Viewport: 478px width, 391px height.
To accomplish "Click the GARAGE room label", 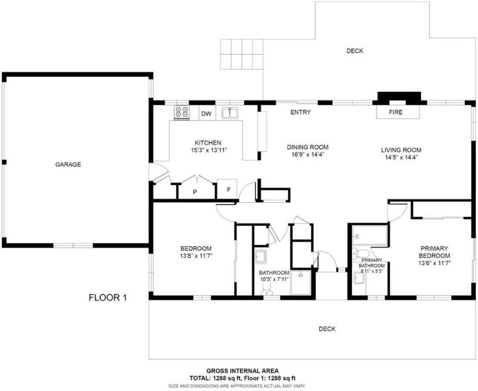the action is click(68, 165).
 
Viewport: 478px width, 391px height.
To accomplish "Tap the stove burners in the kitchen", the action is click(182, 112).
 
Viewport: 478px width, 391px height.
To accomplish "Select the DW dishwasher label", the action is click(206, 114).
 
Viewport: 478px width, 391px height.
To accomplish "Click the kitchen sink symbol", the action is click(230, 113).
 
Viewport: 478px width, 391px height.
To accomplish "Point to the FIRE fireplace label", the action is click(395, 112).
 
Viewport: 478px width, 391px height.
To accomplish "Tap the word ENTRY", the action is click(300, 112).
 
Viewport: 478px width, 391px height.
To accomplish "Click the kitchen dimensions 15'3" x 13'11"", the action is click(210, 150).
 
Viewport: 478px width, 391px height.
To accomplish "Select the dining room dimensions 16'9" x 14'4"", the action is click(308, 154).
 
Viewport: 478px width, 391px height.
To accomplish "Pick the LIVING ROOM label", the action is click(401, 150).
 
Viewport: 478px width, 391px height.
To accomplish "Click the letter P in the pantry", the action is click(195, 192).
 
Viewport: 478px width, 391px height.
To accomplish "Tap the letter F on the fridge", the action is click(228, 190).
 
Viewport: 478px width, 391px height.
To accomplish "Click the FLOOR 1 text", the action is click(107, 297).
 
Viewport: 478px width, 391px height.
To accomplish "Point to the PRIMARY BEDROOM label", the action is click(434, 252).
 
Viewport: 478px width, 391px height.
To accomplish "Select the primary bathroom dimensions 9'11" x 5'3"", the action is click(371, 271).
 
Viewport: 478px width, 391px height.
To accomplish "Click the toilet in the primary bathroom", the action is click(361, 254).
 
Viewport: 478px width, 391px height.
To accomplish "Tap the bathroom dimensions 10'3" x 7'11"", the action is click(274, 279).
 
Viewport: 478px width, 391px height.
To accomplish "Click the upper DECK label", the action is click(355, 51).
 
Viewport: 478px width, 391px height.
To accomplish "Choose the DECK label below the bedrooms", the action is click(327, 328).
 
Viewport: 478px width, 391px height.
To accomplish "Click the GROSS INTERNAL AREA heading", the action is click(243, 371).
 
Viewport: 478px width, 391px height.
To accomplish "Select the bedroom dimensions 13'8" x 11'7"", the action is click(196, 256).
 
